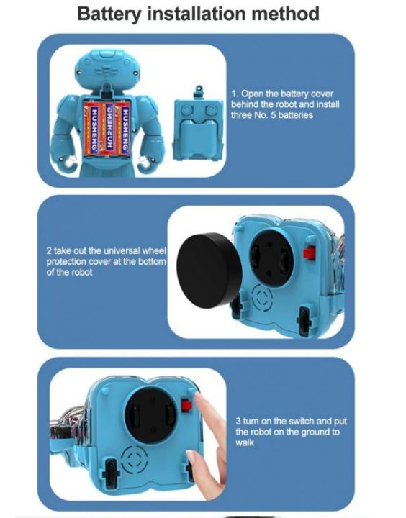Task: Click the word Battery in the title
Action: pos(110,14)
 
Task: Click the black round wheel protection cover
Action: pos(208,269)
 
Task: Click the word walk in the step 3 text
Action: pos(245,442)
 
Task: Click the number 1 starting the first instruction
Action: pos(233,94)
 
